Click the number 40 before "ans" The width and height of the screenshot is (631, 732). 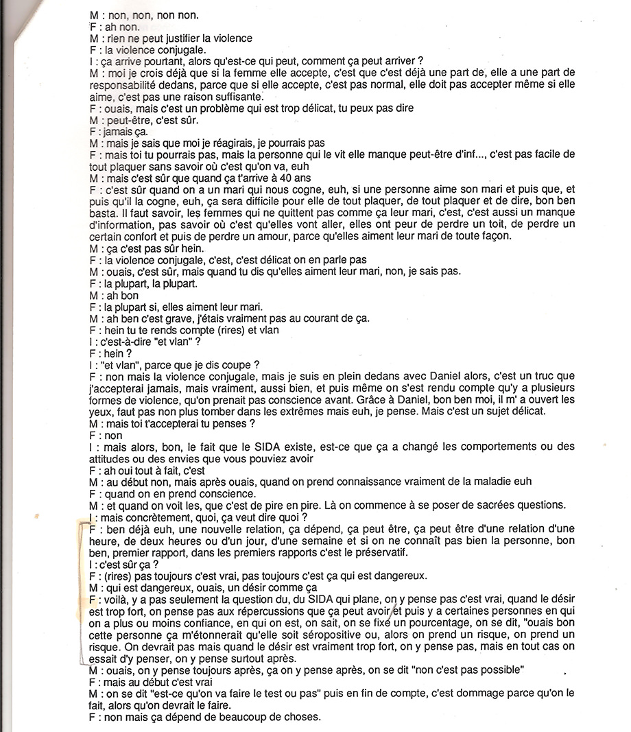(x=279, y=178)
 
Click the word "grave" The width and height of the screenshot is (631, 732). (x=167, y=318)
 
